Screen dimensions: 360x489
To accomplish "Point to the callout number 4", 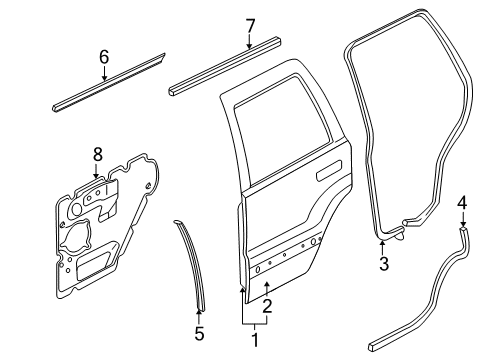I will click(x=462, y=204).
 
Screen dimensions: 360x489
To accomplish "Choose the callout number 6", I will click(x=103, y=59).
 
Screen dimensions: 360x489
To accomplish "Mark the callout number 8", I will click(x=97, y=153).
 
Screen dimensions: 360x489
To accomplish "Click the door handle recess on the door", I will click(x=327, y=175).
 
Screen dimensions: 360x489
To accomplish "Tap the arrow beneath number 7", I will click(x=250, y=40).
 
